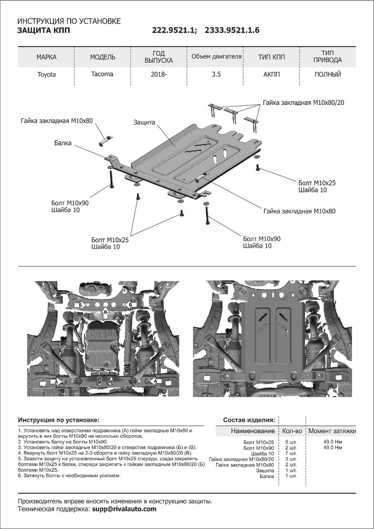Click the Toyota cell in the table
(46, 75)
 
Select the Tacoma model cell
(102, 74)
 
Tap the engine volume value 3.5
(216, 75)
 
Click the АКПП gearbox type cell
(271, 75)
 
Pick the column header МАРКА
(46, 57)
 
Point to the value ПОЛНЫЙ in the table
(328, 75)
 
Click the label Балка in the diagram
(63, 143)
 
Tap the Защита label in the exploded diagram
(144, 122)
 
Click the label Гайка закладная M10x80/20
(304, 102)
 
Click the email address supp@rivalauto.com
(124, 509)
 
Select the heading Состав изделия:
(249, 419)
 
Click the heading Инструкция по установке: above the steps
(59, 419)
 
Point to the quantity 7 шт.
(291, 453)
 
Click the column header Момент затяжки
(332, 431)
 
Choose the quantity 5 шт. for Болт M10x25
(291, 442)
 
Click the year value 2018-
(159, 75)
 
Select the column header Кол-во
(292, 431)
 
